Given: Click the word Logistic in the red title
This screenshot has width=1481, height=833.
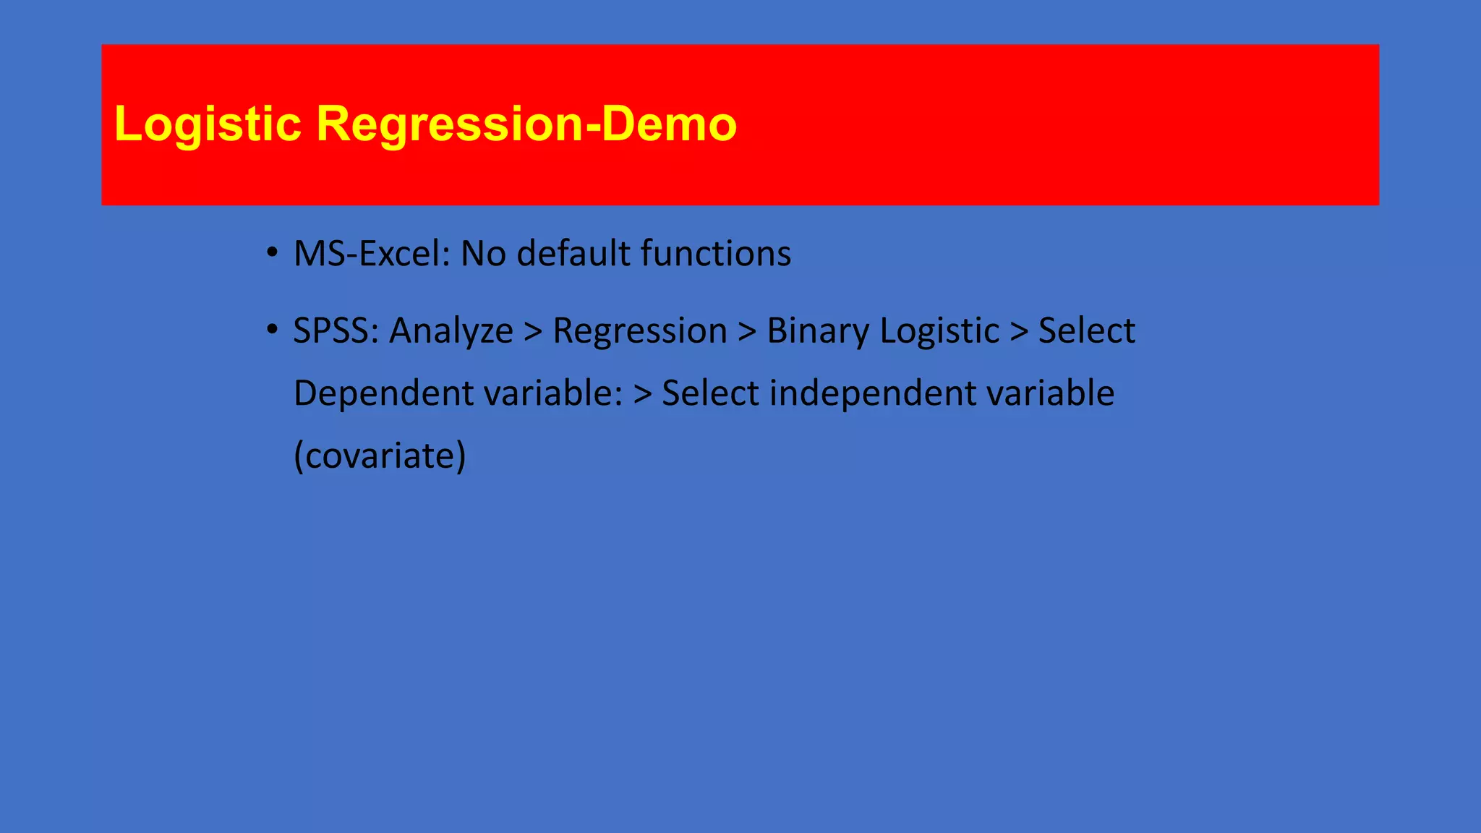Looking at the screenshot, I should point(208,124).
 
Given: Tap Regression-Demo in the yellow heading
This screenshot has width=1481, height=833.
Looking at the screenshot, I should point(526,124).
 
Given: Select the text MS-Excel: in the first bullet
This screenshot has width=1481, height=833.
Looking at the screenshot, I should point(372,254).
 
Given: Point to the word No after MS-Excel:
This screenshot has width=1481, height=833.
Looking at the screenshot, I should point(483,254).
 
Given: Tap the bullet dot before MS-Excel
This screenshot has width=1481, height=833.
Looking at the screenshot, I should point(272,253).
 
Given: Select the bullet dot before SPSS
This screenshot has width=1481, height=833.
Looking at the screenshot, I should point(272,330).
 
